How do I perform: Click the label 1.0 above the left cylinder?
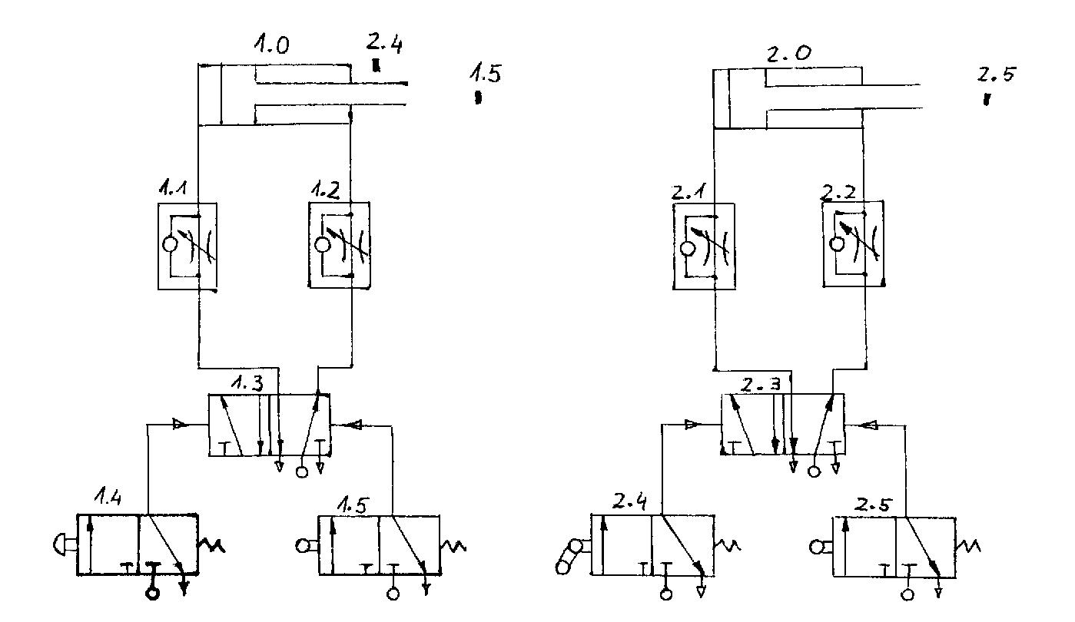(272, 46)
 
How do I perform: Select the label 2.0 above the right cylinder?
(787, 55)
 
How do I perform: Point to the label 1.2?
(326, 189)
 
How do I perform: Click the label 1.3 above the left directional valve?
(247, 382)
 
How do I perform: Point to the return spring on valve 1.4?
(211, 546)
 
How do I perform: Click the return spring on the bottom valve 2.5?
(971, 546)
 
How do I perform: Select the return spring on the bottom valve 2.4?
(726, 546)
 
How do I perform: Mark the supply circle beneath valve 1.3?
(302, 471)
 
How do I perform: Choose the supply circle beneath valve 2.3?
(815, 471)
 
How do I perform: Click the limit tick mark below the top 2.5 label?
(987, 99)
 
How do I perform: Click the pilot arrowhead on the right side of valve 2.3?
(871, 424)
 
